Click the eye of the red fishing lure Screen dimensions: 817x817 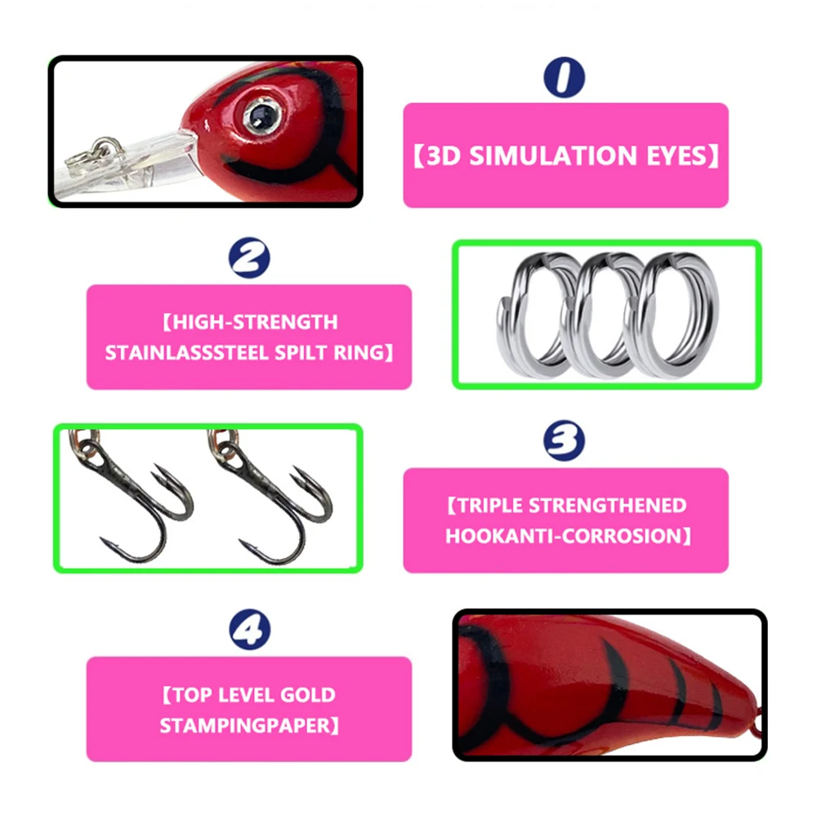pyautogui.click(x=261, y=116)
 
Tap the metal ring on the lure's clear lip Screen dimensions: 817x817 pyautogui.click(x=96, y=151)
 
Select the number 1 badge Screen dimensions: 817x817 pyautogui.click(x=565, y=77)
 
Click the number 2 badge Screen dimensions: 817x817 pyautogui.click(x=249, y=257)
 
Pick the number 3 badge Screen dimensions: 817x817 pyautogui.click(x=565, y=440)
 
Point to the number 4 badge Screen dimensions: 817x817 pyautogui.click(x=249, y=629)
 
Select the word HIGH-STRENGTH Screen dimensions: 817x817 pyautogui.click(x=255, y=322)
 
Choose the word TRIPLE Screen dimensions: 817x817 pyautogui.click(x=489, y=506)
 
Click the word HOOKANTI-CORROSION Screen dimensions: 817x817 pyautogui.click(x=564, y=536)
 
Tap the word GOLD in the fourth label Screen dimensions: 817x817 pyautogui.click(x=307, y=695)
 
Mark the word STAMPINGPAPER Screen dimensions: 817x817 pyautogui.click(x=245, y=725)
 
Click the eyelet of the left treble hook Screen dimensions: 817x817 pyautogui.click(x=90, y=447)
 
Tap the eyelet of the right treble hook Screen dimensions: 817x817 pyautogui.click(x=228, y=447)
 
